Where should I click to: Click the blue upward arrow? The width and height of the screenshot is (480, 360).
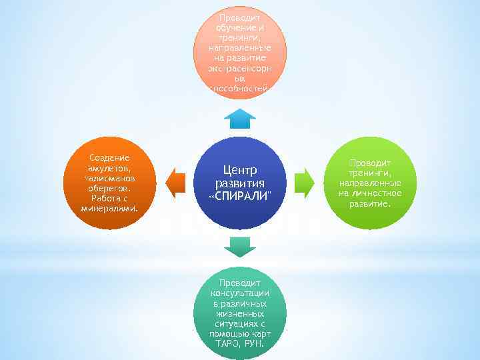pos(240,119)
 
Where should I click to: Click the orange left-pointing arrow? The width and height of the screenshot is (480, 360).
pos(176,183)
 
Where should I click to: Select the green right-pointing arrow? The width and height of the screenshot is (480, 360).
pos(304,183)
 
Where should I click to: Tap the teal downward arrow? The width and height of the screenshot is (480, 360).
pos(240,247)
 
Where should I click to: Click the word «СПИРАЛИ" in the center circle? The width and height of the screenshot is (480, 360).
pos(240,197)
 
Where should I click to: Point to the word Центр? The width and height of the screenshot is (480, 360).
pos(240,170)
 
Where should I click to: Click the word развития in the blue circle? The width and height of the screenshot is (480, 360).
pos(240,183)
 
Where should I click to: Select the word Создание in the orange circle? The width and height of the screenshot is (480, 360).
pos(109,157)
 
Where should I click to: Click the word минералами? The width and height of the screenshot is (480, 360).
pos(109,207)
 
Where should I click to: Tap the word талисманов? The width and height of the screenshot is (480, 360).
pos(109,178)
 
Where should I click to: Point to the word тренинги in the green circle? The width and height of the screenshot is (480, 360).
pos(369,173)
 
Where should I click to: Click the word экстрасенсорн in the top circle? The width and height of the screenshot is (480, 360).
pos(240,68)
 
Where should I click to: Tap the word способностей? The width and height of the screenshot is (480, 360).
pos(240,88)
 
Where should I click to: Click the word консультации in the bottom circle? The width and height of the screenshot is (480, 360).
pos(240,293)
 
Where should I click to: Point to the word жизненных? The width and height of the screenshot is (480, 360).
pos(240,313)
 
